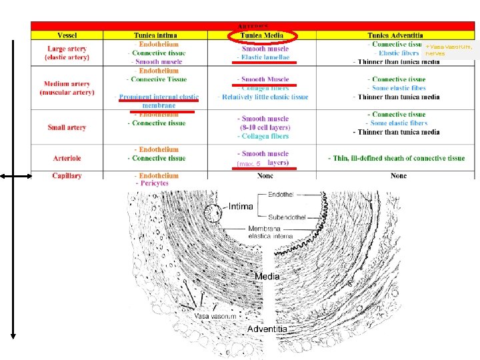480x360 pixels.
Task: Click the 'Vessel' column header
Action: click(x=67, y=35)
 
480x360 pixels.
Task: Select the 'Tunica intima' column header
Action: click(x=156, y=35)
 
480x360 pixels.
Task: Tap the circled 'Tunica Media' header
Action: click(x=263, y=35)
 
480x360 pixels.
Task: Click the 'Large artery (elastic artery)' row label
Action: click(x=67, y=53)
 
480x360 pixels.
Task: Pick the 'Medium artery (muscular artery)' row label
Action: click(x=67, y=88)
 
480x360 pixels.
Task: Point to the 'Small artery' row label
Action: click(x=67, y=127)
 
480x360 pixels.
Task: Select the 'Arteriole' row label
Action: click(x=67, y=158)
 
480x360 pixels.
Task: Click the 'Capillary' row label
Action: click(x=67, y=176)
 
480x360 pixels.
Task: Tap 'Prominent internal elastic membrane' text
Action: click(x=158, y=101)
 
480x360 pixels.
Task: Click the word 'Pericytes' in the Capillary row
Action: click(x=153, y=183)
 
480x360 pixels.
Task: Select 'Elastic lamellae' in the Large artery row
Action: click(x=265, y=57)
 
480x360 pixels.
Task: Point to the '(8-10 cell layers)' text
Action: click(x=264, y=127)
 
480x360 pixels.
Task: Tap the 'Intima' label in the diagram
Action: click(x=241, y=207)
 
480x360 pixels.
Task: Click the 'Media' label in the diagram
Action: click(x=267, y=276)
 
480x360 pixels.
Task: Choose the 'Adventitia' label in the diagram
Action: click(x=267, y=329)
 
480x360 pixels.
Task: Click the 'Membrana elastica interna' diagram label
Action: click(x=270, y=232)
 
